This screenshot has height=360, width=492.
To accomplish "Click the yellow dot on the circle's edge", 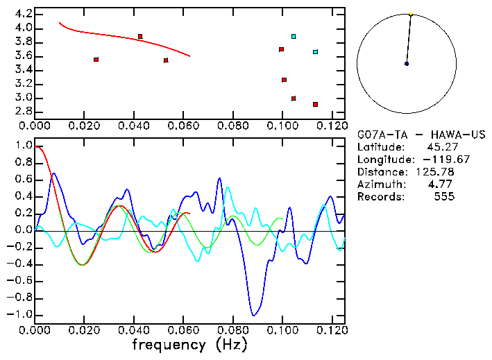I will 411,14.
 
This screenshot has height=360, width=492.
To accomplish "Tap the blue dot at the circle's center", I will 407,64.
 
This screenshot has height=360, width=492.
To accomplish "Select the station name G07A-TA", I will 379,135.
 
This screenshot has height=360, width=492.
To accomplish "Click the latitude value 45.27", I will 441,147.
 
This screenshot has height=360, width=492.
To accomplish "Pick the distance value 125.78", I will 435,172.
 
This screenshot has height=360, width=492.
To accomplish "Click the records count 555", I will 443,197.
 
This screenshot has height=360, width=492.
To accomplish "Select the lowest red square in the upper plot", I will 315,104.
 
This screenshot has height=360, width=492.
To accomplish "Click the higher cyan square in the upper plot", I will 294,36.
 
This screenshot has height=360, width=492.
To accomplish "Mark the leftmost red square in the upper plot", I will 96,60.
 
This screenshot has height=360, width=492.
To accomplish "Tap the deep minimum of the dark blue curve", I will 255,314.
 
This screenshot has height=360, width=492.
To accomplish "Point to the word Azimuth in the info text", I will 379,185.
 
